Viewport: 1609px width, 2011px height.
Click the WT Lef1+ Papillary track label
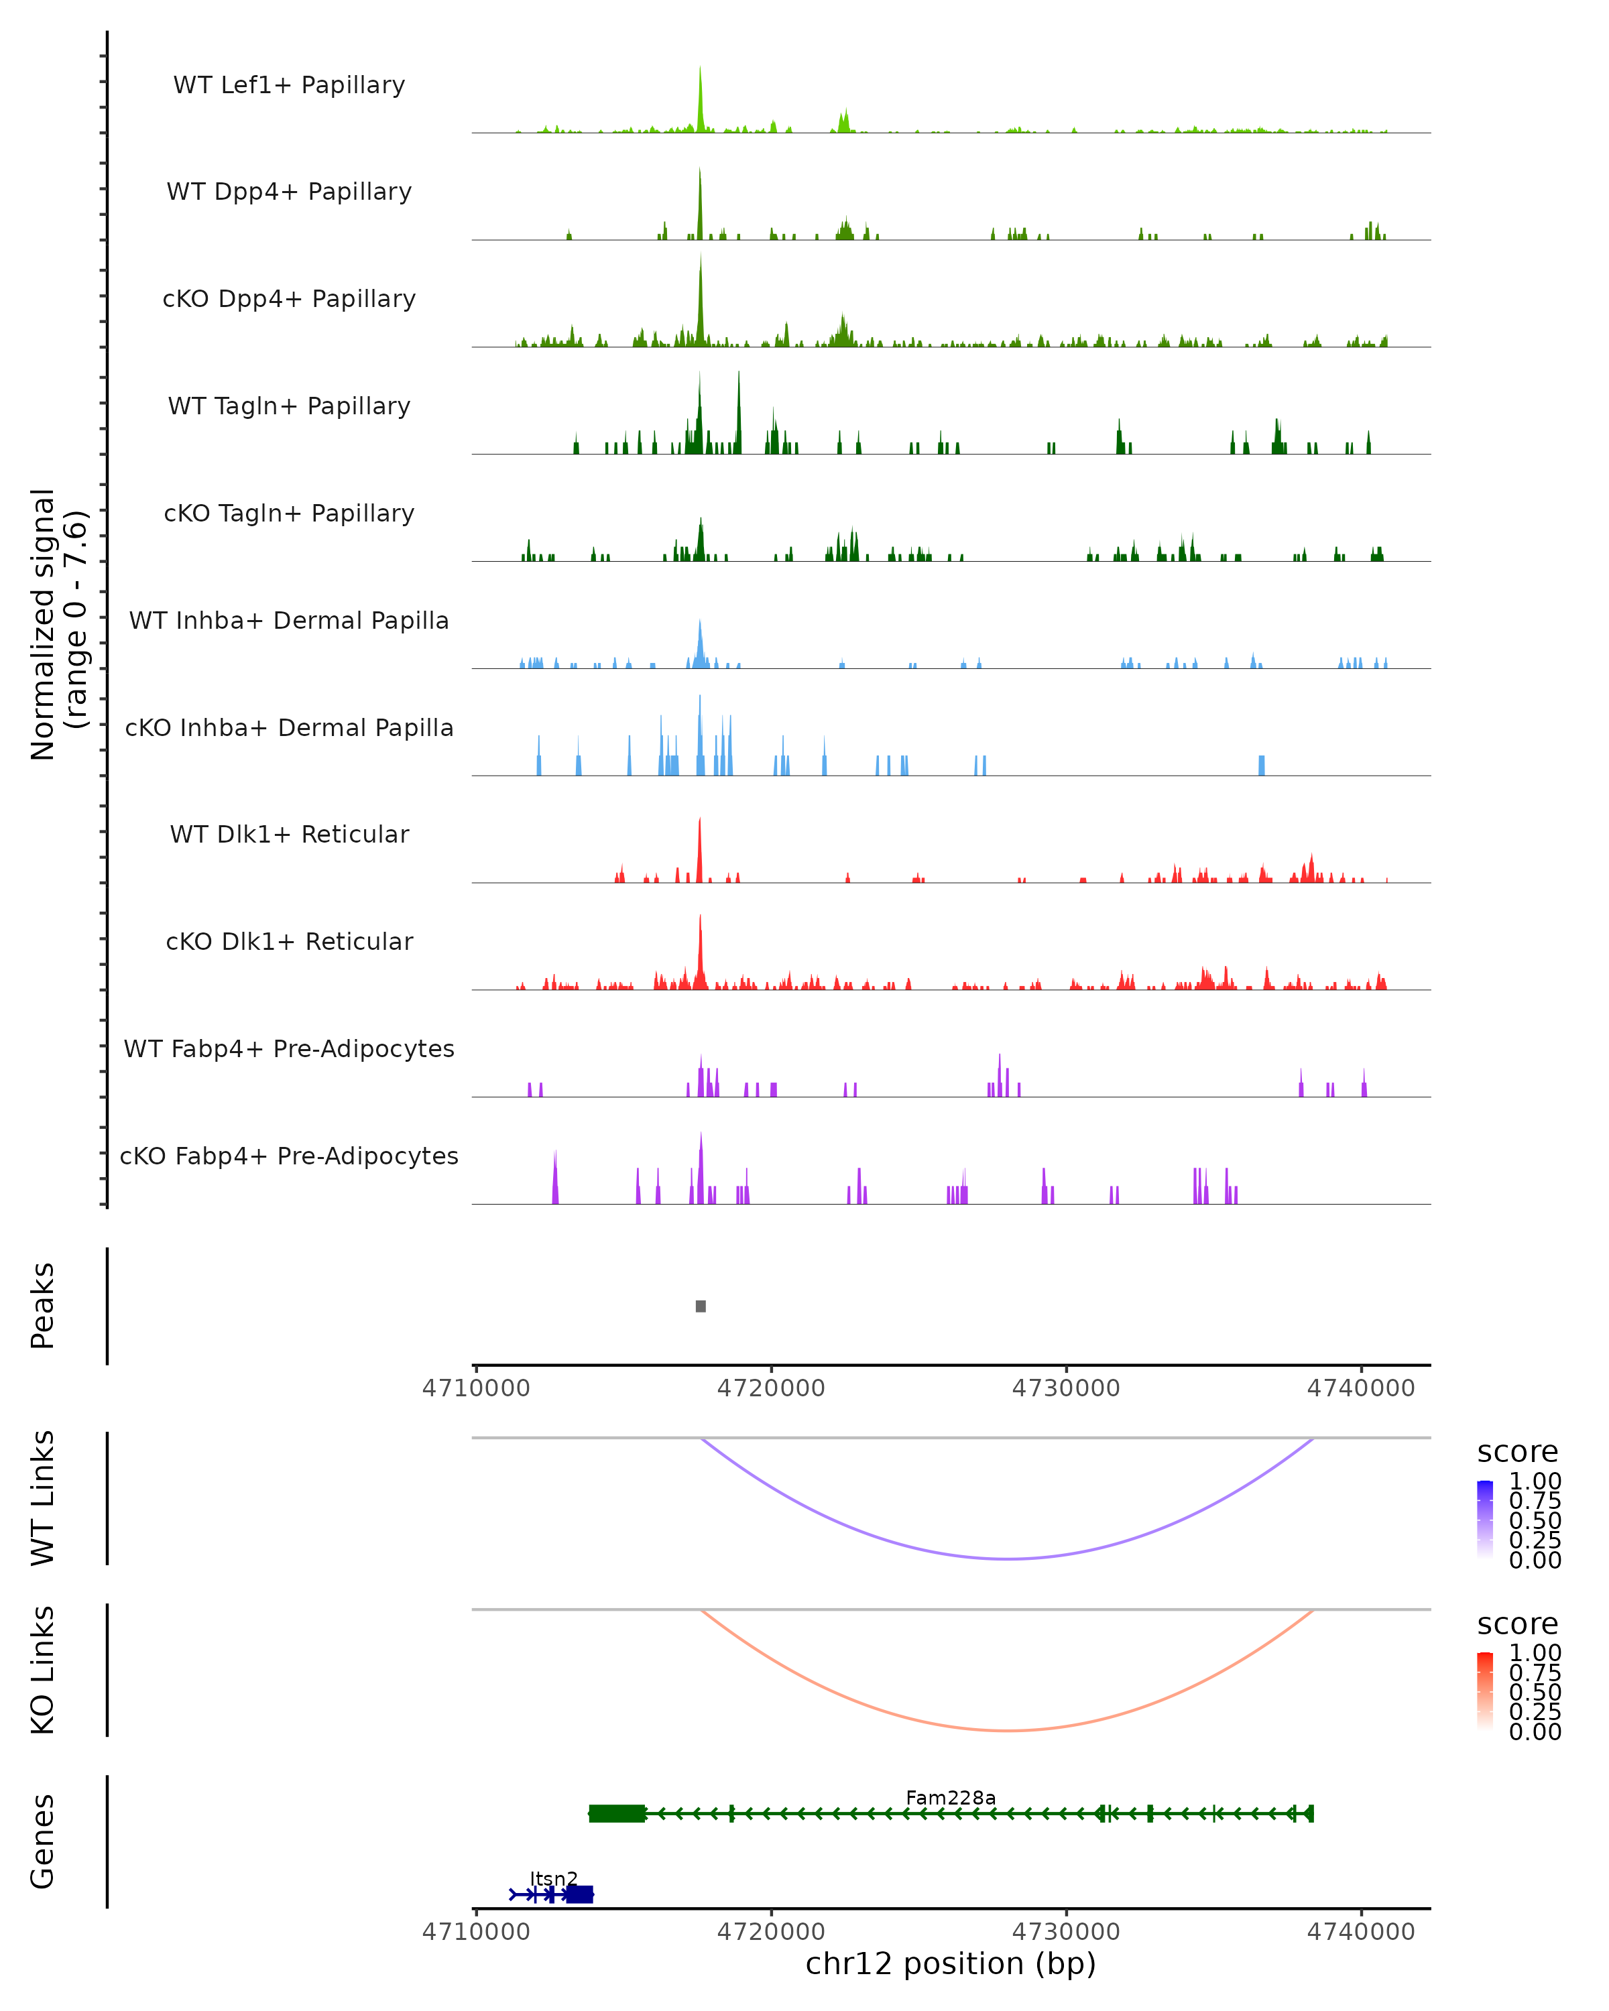click(x=289, y=85)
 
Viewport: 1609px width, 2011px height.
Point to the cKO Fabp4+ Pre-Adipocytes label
click(x=289, y=1156)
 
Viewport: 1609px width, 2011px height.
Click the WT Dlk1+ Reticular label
click(x=289, y=834)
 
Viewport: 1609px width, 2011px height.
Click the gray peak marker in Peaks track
click(x=701, y=1306)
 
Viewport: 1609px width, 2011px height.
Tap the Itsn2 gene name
click(x=554, y=1878)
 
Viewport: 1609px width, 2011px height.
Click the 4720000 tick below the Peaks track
click(x=772, y=1388)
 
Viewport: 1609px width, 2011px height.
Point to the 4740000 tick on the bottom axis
click(x=1361, y=1932)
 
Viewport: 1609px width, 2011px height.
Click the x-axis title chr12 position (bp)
click(x=951, y=1963)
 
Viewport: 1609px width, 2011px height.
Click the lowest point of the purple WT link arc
click(x=1008, y=1559)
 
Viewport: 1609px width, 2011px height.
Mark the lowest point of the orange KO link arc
click(x=1008, y=1730)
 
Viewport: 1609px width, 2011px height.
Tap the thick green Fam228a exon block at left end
click(x=617, y=1813)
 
